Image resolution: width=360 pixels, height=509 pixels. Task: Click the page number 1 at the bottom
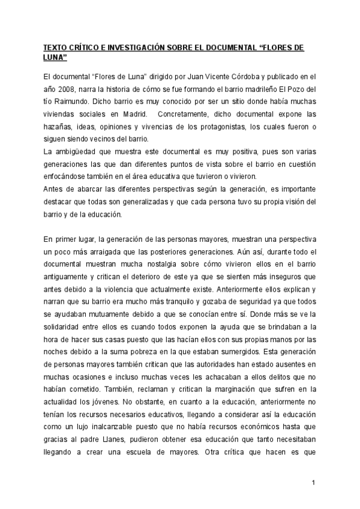coord(313,483)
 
